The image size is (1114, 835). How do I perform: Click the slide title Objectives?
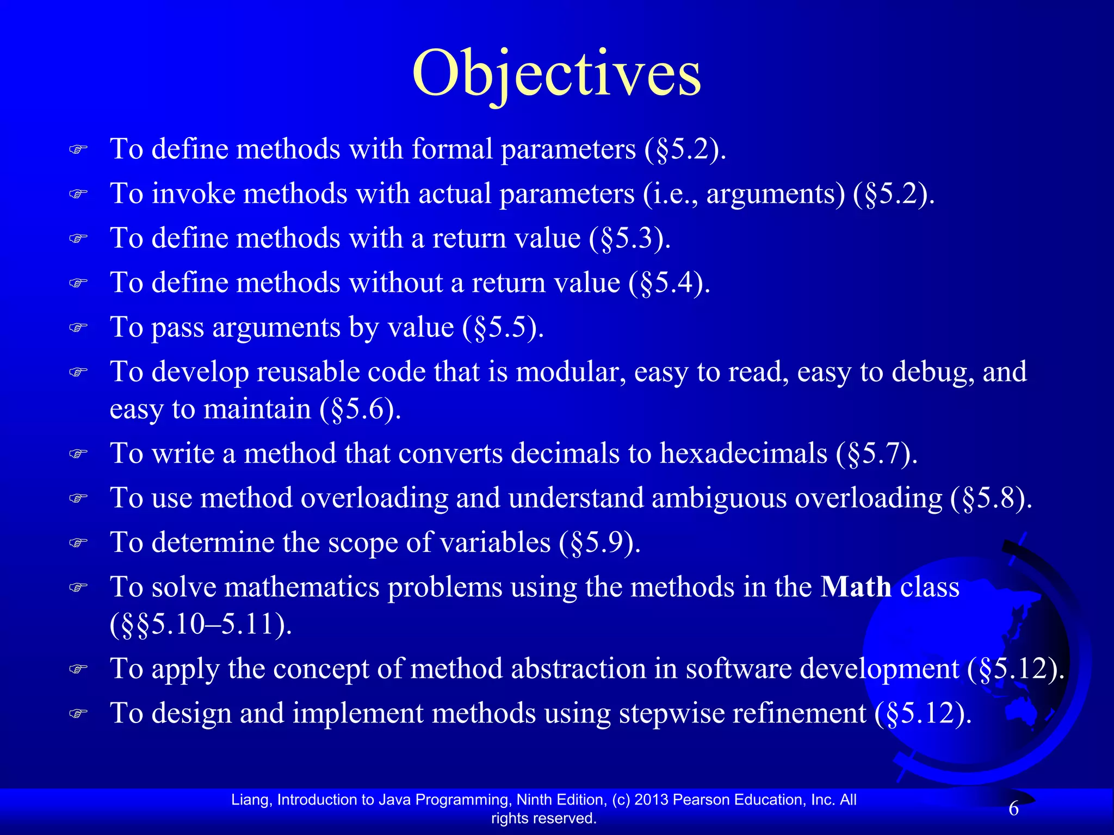point(556,74)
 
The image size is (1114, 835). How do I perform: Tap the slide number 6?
point(1013,809)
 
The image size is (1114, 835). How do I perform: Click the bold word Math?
point(856,587)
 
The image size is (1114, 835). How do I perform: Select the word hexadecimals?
point(743,453)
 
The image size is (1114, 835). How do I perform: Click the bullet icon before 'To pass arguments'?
point(78,328)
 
